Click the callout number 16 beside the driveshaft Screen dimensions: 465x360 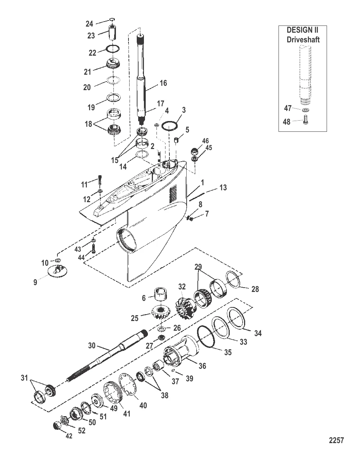(x=163, y=83)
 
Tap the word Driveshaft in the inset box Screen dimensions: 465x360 (x=303, y=39)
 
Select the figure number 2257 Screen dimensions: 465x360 (x=336, y=440)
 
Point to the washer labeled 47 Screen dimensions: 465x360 (x=305, y=110)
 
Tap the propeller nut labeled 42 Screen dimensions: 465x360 (x=57, y=426)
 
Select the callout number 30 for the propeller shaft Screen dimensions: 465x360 (x=92, y=346)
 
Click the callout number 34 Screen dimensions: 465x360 (x=258, y=333)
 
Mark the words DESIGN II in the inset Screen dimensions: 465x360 (x=302, y=30)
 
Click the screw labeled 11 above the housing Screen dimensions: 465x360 (x=100, y=178)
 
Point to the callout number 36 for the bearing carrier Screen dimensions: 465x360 (x=202, y=366)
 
